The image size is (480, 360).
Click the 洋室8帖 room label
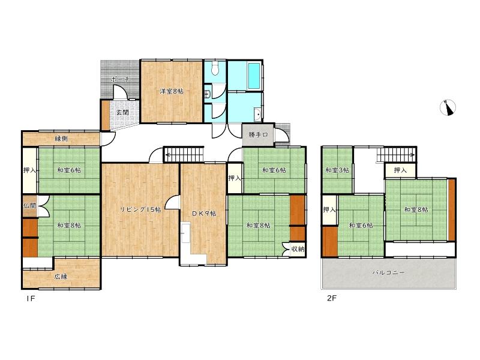pos(172,91)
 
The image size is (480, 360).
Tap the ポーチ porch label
pos(121,79)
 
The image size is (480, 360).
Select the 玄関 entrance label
pos(122,112)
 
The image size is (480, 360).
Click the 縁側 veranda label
pos(61,139)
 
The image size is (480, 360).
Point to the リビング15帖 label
pos(140,209)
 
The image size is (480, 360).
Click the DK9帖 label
pos(204,214)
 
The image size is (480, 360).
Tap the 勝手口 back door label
pos(258,134)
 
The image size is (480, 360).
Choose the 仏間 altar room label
pos(29,205)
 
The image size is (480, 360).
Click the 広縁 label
pos(61,277)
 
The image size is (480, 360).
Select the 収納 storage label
pos(297,249)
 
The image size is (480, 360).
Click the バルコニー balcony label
pos(388,272)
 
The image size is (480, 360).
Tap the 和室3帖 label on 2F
pos(337,170)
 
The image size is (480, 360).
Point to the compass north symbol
pos(448,108)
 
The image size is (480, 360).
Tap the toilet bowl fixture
pos(215,68)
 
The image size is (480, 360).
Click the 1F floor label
pos(31,298)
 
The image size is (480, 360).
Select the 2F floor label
pos(332,298)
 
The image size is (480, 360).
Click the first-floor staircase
pos(184,154)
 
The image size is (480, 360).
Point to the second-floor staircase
pos(396,154)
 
